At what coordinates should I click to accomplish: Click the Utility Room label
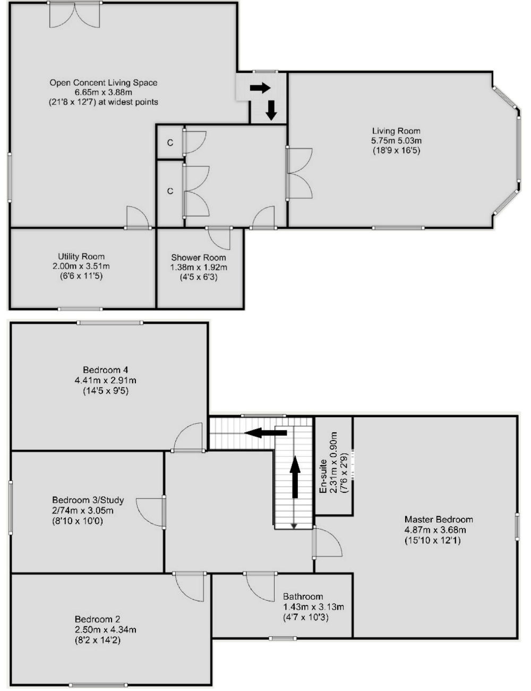(x=81, y=257)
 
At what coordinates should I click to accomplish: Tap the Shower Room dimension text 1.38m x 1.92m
(x=199, y=267)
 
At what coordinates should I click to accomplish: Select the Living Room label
(x=396, y=131)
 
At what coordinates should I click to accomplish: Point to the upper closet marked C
(x=170, y=143)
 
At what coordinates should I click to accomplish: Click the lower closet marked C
(x=170, y=191)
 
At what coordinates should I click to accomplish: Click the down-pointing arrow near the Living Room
(x=271, y=111)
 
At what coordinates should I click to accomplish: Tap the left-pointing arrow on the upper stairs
(x=265, y=433)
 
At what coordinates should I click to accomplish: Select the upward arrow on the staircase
(x=295, y=477)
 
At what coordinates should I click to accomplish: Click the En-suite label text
(x=323, y=476)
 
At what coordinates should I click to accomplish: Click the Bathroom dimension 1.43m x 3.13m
(x=313, y=606)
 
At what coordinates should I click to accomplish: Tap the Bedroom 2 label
(x=98, y=628)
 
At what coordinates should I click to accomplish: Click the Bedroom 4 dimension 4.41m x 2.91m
(x=106, y=380)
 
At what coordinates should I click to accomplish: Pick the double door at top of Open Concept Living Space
(x=75, y=15)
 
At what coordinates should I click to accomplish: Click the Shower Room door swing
(x=219, y=239)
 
